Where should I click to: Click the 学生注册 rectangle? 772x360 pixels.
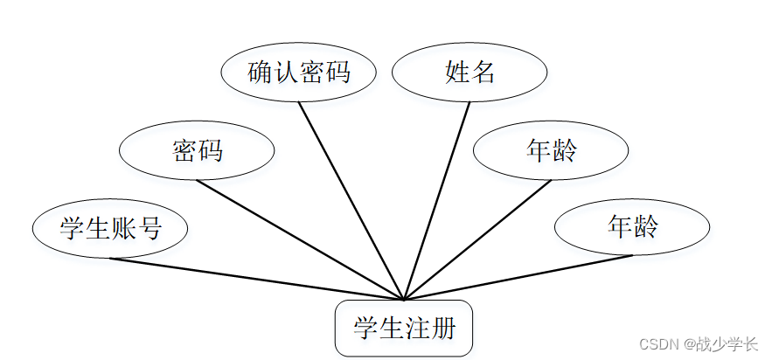click(404, 329)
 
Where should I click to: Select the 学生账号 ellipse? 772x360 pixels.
click(110, 228)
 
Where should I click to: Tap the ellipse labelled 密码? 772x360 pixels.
click(197, 151)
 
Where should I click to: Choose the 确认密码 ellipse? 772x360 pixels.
click(298, 73)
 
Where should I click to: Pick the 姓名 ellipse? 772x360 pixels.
click(469, 73)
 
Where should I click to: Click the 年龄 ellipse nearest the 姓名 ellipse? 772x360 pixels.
click(551, 151)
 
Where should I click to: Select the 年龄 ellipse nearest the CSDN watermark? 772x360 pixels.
click(632, 227)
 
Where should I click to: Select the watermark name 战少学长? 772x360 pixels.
click(727, 343)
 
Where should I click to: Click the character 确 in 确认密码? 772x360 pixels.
click(261, 73)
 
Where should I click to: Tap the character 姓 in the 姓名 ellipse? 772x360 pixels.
click(457, 73)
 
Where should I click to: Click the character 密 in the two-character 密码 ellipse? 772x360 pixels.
click(184, 151)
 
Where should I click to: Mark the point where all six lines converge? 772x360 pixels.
click(404, 300)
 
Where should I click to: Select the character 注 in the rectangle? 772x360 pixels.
click(417, 329)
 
